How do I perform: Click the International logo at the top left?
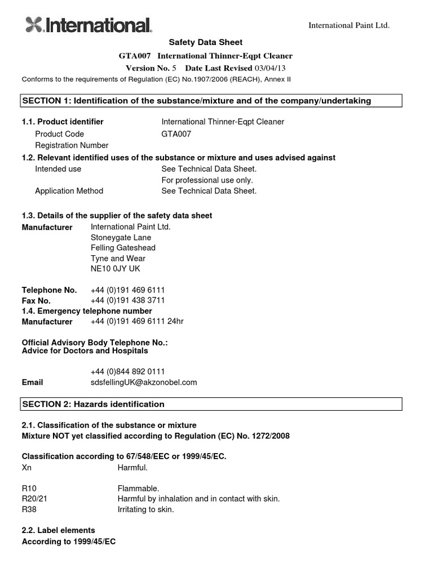click(89, 25)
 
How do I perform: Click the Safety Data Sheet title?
click(206, 42)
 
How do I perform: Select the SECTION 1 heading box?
click(211, 101)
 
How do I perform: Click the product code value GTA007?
click(176, 134)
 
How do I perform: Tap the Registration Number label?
click(72, 145)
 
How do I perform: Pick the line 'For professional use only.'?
click(207, 180)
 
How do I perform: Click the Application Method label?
click(69, 191)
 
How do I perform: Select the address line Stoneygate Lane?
click(121, 237)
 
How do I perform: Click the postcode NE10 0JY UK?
click(115, 269)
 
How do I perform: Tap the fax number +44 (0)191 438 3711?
click(127, 300)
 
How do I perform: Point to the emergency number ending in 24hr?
click(137, 321)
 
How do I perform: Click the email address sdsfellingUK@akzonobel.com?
click(144, 382)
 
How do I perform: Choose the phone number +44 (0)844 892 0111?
click(127, 371)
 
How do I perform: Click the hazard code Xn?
click(26, 468)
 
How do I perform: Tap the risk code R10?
click(29, 489)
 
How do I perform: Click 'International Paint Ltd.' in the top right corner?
click(348, 25)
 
